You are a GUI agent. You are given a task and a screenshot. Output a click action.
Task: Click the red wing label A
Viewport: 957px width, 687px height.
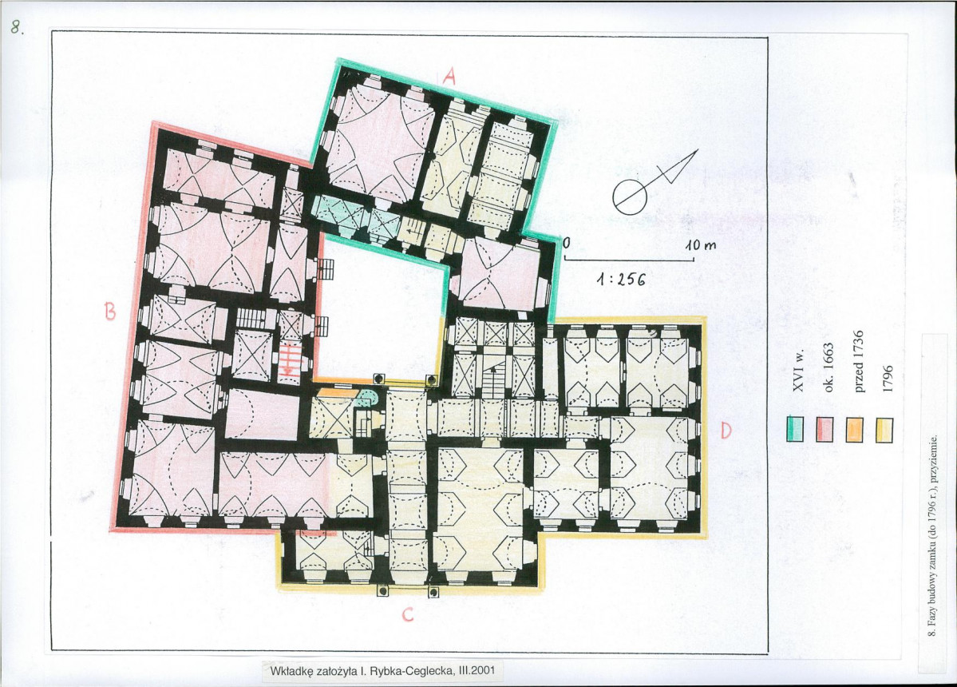pos(449,76)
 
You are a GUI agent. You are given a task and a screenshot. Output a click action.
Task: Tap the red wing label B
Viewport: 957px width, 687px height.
pos(109,312)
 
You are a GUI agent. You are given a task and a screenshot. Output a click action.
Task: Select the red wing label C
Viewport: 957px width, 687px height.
pos(408,615)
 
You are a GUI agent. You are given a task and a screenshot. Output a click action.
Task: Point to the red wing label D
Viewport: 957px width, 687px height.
pos(726,431)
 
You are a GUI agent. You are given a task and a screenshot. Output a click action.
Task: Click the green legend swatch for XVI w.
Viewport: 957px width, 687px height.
pos(795,429)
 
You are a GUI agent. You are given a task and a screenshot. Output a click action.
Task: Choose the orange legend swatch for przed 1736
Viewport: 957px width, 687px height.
pos(855,429)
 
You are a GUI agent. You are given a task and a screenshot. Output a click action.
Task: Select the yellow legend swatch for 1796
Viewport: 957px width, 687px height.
pos(884,429)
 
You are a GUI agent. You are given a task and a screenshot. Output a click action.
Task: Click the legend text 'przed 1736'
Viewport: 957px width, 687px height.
pos(857,362)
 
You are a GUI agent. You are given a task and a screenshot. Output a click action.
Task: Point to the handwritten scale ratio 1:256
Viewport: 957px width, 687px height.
pos(621,280)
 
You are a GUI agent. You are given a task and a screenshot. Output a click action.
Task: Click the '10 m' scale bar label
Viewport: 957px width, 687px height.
pos(700,247)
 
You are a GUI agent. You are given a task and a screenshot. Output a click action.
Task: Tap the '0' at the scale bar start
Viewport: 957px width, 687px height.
pos(567,243)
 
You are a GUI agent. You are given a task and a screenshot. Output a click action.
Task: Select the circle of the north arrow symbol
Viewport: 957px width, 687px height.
pos(628,197)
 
